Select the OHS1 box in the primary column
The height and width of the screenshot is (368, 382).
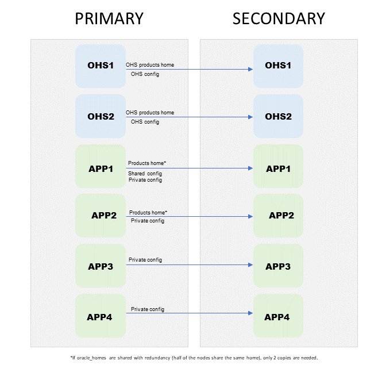tap(101, 66)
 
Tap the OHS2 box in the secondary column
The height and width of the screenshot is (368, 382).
tap(278, 116)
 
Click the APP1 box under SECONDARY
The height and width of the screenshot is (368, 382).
tap(278, 169)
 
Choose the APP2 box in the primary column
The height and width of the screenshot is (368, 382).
tap(103, 216)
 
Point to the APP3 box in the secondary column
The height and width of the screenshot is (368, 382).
tap(278, 267)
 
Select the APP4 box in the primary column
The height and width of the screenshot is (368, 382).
tap(101, 317)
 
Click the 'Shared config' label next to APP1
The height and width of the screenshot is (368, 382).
tap(145, 173)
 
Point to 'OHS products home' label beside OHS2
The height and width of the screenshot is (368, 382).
tap(149, 113)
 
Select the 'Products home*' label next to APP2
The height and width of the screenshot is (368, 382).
tap(148, 212)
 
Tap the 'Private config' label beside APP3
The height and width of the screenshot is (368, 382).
tap(145, 260)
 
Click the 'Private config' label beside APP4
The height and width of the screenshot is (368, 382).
tap(148, 309)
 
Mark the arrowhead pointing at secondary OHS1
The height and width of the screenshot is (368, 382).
tap(250, 70)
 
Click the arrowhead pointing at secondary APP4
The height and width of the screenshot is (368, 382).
tap(250, 313)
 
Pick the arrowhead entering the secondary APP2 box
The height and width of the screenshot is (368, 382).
tap(250, 217)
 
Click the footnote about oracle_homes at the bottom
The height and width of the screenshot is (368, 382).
tap(193, 358)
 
